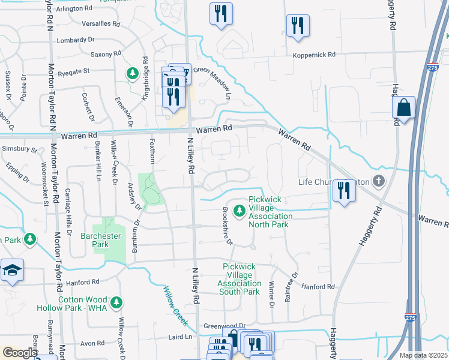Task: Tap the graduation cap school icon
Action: coord(11,270)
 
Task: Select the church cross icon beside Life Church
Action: coord(378,180)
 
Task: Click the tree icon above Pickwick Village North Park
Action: coord(240,211)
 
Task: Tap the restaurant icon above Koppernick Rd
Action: coord(298,26)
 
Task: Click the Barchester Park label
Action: coord(101,241)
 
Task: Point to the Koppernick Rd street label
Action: coord(314,55)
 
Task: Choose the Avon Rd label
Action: coord(93,344)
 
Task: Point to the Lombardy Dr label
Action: coord(76,40)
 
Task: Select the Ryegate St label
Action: coord(73,71)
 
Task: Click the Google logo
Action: coord(20,353)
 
